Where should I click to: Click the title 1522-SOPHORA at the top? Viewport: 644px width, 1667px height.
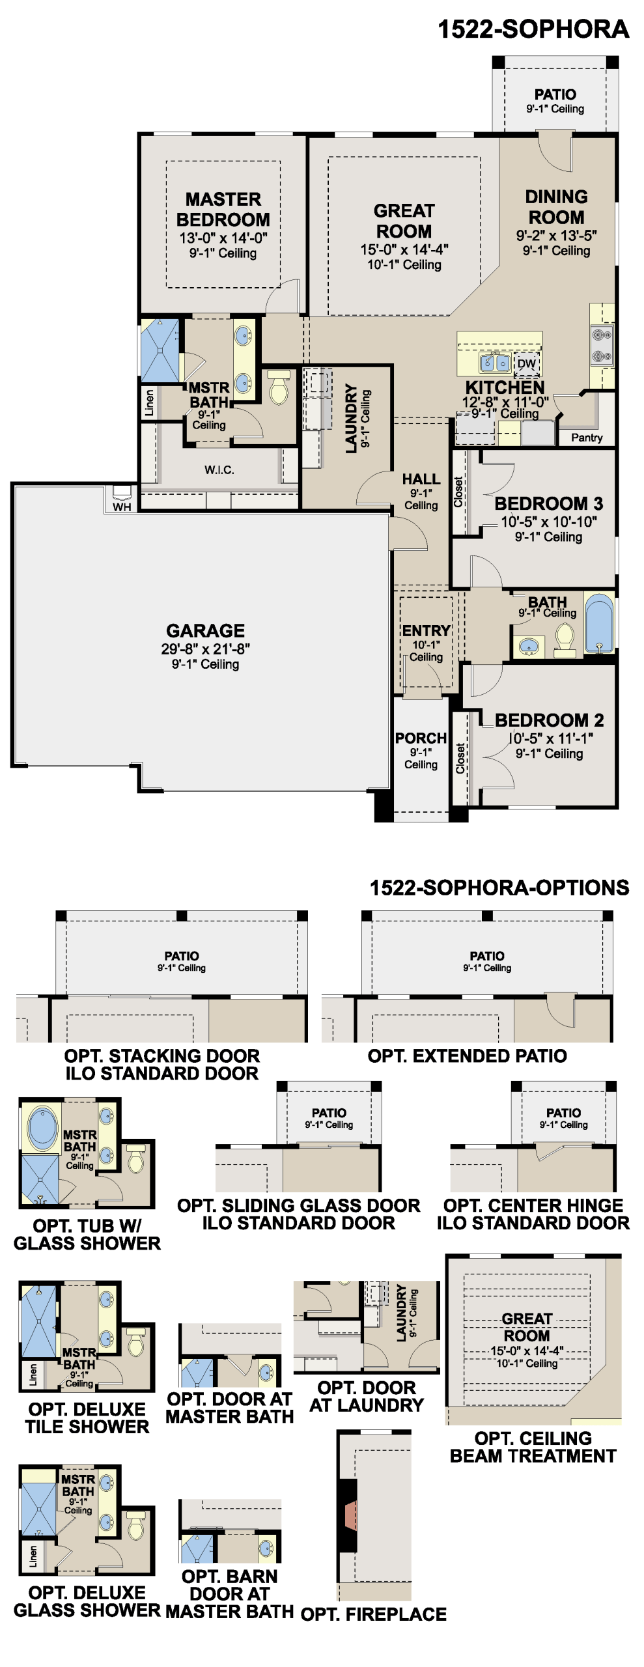[x=533, y=29]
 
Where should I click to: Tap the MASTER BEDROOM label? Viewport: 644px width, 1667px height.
[x=223, y=209]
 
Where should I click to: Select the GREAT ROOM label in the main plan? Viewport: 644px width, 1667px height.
[x=404, y=221]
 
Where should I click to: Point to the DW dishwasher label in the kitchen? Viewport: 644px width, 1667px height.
[x=526, y=364]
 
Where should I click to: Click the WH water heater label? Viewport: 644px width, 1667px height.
[x=122, y=507]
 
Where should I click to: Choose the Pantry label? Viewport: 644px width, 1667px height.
[x=587, y=438]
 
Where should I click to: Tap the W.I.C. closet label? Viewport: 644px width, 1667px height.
[x=219, y=469]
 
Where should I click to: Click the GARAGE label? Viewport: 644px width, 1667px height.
[x=206, y=630]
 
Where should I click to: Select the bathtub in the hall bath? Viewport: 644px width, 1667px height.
[x=599, y=623]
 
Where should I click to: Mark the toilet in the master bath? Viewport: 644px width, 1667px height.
[x=279, y=387]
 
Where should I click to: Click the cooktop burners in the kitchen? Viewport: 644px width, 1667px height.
[x=602, y=345]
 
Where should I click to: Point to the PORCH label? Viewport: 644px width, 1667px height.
[x=421, y=738]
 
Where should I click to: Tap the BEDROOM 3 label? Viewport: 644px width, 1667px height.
[x=549, y=503]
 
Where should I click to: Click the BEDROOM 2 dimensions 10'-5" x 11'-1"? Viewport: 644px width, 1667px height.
[x=550, y=738]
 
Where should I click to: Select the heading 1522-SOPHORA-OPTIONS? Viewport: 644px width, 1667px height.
[x=499, y=888]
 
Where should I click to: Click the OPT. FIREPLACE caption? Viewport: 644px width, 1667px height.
[x=374, y=1614]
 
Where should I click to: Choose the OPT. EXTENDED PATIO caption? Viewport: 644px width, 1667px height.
[x=468, y=1056]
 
